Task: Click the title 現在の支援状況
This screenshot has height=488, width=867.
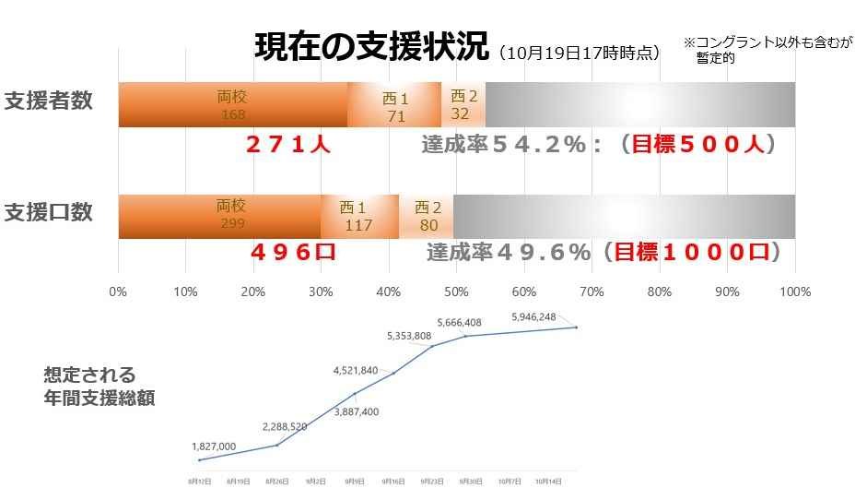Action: coord(370,46)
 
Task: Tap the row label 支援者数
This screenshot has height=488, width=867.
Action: coord(48,101)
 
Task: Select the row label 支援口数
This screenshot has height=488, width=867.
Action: coord(48,212)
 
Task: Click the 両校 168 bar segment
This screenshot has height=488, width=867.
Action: coord(232,105)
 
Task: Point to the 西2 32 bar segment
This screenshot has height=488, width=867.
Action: coord(463,105)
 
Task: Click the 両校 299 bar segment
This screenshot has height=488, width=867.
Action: coord(219,216)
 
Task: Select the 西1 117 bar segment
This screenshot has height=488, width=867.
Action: coord(358,217)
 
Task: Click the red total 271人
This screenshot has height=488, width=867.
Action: coord(287,145)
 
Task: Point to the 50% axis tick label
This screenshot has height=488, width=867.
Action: coord(456,292)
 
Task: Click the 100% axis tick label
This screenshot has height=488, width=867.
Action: coord(794,292)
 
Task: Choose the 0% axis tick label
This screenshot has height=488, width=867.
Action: coord(118,292)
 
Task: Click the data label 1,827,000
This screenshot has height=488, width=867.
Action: coord(214,446)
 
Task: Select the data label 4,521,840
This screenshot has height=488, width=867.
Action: coord(355,371)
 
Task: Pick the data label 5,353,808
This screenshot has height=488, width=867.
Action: coord(407,335)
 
